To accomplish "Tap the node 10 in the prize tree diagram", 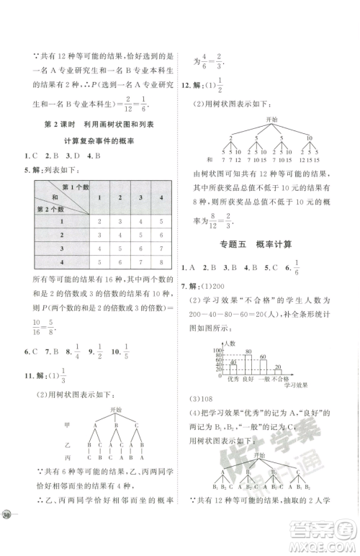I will coord(309,138).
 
